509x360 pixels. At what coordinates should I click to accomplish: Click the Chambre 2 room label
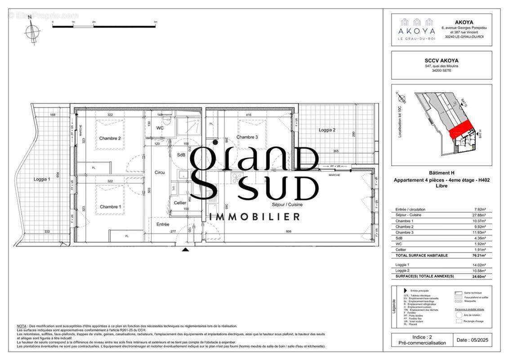(x=110, y=138)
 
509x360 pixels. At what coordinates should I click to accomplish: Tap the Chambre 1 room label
(x=110, y=207)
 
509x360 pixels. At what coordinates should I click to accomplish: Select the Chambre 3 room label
(x=247, y=137)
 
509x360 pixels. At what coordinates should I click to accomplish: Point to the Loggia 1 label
(x=42, y=179)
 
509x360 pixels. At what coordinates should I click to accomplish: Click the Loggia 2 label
(x=327, y=130)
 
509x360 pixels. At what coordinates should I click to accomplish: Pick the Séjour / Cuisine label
(x=287, y=204)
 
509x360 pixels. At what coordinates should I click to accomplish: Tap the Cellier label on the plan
(x=180, y=203)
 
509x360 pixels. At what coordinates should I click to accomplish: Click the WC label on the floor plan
(x=160, y=128)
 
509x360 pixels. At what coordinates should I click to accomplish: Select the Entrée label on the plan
(x=163, y=224)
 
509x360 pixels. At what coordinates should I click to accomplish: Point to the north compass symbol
(x=31, y=32)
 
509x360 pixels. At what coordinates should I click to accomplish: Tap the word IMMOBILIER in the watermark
(x=255, y=217)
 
